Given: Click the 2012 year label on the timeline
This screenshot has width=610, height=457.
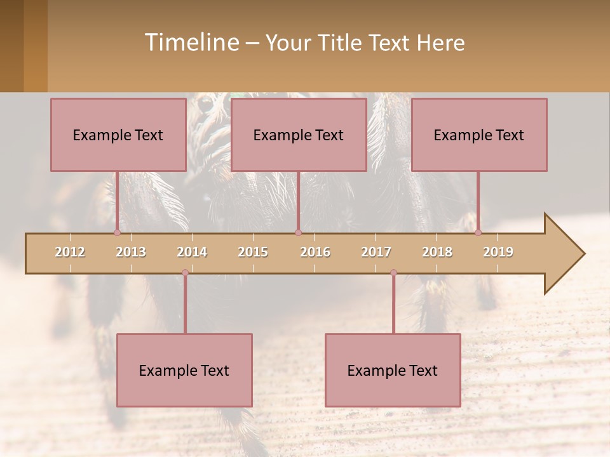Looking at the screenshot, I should coord(70,252).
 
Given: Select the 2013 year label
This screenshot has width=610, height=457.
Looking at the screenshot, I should coord(131,252).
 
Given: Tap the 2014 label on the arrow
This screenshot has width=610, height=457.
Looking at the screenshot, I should coord(192,252).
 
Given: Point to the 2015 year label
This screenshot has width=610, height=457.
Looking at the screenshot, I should coord(253,252).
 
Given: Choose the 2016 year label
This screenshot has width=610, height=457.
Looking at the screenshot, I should coord(315,252).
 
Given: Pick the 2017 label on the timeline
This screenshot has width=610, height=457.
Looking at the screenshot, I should coord(376,252).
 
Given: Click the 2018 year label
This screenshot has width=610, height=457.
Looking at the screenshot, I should coord(437,252).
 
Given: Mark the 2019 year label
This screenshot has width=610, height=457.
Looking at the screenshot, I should coord(498,252).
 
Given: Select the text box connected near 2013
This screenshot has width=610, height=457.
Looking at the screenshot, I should coord(118,135).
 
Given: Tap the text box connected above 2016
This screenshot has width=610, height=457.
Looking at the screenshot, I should coord(299,135).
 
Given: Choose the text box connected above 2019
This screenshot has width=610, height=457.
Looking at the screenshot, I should coord(479,135).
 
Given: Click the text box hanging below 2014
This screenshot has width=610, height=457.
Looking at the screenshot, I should coord(184,370).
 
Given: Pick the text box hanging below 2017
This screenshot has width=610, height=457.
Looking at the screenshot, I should coord(393,370).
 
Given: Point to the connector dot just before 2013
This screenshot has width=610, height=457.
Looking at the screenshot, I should coord(117,232).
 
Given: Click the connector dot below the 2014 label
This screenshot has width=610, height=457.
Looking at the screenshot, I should coord(185,272).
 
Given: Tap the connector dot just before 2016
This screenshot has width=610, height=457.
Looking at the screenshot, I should coord(298,232).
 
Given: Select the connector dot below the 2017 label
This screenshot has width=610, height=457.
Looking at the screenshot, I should coord(393,272).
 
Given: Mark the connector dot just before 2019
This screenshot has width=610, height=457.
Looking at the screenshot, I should coord(478,232).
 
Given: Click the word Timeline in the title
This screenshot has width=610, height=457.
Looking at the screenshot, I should coord(191,42).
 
